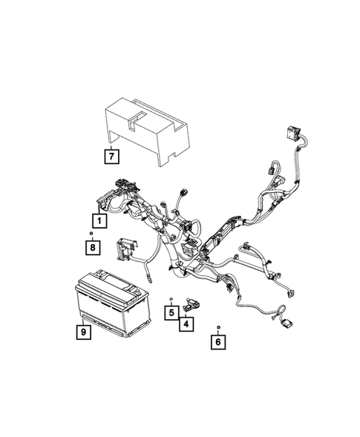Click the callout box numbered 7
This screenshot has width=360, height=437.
point(111,157)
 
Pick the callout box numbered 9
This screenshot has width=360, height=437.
point(84,333)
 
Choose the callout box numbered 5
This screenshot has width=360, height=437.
point(170,312)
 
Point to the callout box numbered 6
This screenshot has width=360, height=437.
point(217,342)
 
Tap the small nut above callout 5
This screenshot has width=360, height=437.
point(171,299)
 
